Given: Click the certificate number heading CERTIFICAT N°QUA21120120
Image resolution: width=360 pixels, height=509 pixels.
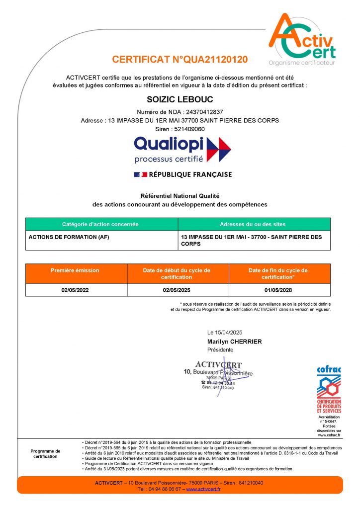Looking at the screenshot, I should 180,60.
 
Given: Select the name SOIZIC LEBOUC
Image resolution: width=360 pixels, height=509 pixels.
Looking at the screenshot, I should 180,100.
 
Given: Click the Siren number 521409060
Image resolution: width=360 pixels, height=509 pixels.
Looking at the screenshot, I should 187,129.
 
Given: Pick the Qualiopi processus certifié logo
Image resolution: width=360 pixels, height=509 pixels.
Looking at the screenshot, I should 182,150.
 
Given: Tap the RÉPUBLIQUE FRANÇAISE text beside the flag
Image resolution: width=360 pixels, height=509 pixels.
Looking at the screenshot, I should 191,174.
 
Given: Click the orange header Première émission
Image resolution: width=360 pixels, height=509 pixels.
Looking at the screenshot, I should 75,270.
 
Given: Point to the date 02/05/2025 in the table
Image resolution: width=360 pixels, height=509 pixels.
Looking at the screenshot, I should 177,290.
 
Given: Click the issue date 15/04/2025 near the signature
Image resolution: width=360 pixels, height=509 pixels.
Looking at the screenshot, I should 232,332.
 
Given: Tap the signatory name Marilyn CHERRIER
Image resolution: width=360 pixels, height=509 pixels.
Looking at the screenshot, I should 235,341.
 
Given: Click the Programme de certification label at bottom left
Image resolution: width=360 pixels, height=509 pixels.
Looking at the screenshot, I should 45,453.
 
